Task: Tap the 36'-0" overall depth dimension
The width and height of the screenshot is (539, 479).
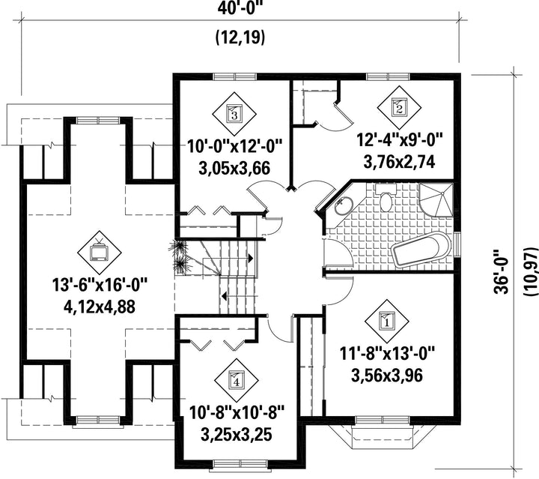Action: (x=502, y=271)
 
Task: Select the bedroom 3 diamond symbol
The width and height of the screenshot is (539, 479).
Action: (x=234, y=114)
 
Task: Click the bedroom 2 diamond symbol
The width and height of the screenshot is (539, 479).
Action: (x=400, y=108)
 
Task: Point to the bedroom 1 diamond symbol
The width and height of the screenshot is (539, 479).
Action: (x=387, y=321)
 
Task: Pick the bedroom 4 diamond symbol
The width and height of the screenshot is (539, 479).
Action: (x=236, y=380)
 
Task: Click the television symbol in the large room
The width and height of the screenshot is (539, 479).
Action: (x=100, y=253)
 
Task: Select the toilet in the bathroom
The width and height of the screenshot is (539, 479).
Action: (x=386, y=198)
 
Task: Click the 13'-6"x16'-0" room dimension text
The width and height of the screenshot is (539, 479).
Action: (x=100, y=286)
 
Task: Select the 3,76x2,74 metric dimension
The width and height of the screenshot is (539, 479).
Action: (x=399, y=162)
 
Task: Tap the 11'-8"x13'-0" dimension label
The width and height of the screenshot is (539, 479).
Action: (x=388, y=353)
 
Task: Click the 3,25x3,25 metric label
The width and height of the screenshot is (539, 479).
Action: (x=237, y=435)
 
